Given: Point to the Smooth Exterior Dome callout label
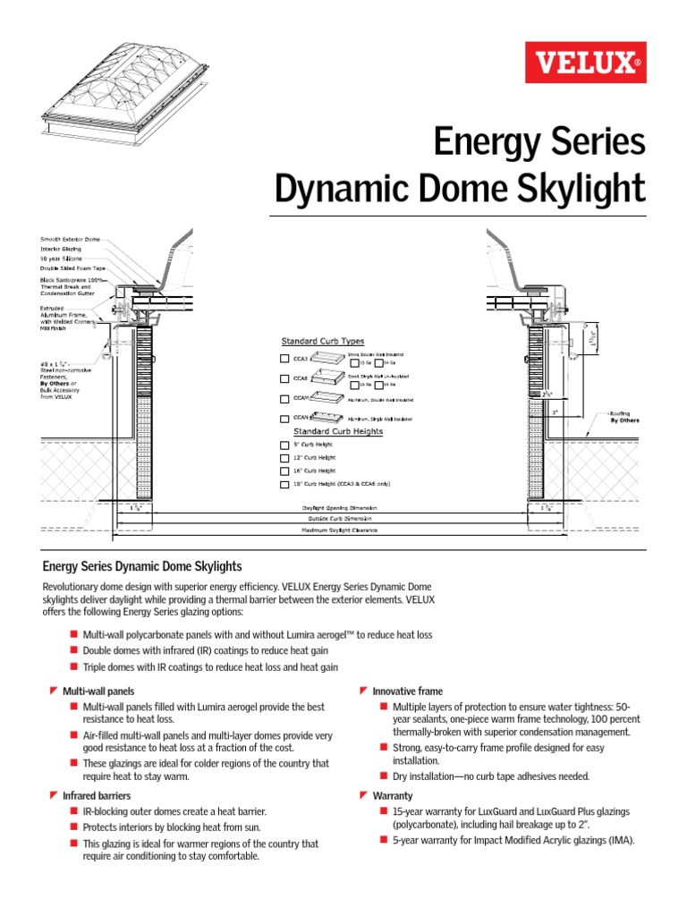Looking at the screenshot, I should (x=71, y=240).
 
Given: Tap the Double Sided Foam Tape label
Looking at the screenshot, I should (x=75, y=268).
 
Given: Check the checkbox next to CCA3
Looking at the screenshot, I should (x=285, y=359).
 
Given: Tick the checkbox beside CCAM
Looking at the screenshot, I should (x=285, y=398).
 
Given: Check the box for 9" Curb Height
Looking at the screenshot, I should (x=285, y=445).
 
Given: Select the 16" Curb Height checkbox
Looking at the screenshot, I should (x=285, y=471).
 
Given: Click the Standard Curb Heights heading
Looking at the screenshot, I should (x=332, y=431).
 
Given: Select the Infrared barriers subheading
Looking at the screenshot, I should (x=97, y=795).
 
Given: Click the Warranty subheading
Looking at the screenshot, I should (x=393, y=795).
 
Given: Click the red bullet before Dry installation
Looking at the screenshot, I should (x=383, y=776).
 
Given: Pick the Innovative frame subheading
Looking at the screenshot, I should (x=407, y=691).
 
